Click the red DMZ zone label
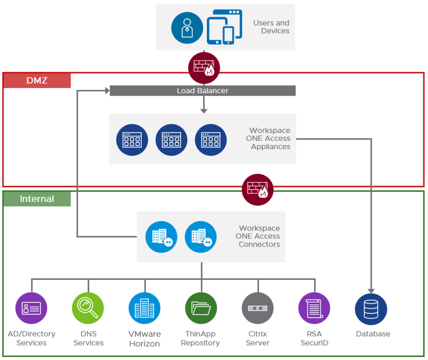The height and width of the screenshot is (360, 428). (37, 80)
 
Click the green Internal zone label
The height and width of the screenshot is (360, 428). (37, 199)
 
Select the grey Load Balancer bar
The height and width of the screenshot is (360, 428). (202, 91)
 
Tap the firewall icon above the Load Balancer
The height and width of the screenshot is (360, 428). (204, 68)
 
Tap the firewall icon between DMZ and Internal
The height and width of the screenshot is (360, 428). (257, 190)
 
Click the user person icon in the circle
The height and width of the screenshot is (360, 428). (187, 28)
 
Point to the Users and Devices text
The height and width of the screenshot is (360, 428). (271, 27)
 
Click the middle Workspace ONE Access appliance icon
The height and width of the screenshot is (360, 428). (171, 140)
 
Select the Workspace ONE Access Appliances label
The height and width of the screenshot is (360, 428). (270, 139)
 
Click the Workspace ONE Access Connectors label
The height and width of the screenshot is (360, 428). (259, 236)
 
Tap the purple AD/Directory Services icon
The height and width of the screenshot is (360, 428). (31, 308)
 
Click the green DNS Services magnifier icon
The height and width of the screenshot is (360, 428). (88, 308)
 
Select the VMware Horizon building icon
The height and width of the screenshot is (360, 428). (145, 308)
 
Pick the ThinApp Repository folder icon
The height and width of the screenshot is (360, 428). (201, 308)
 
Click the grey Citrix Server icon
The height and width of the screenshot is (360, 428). (258, 308)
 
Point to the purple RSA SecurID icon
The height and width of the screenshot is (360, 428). (314, 308)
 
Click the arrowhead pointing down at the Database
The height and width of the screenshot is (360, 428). (371, 290)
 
